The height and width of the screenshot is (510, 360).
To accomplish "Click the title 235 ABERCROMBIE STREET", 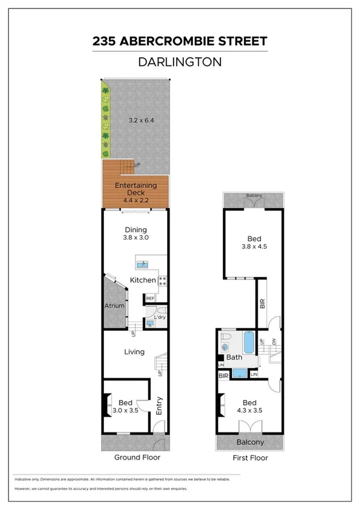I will click(180, 41).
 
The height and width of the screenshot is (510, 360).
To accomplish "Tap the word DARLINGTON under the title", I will click(180, 61).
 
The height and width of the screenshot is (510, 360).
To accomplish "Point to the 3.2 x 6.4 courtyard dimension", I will click(141, 120).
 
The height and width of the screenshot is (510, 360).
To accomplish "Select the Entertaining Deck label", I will click(136, 185).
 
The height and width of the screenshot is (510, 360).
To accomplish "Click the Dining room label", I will click(136, 229).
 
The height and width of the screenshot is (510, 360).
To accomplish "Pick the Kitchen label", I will click(143, 280).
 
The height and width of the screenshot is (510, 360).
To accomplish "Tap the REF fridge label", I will click(150, 298).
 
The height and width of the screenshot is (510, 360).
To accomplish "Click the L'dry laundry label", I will click(160, 317).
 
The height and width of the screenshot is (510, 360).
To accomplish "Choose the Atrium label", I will click(114, 306).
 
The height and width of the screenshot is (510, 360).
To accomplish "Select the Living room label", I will click(135, 352).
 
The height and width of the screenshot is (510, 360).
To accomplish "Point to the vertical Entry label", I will click(159, 406).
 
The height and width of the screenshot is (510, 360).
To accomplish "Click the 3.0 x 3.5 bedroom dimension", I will click(126, 410).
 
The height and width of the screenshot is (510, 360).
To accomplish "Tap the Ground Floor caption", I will click(137, 457).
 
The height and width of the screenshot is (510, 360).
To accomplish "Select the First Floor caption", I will click(250, 457).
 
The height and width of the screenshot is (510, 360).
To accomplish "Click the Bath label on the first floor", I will click(234, 357).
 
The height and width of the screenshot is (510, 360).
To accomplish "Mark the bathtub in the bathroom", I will click(248, 343).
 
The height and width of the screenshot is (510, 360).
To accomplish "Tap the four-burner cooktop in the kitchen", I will click(162, 280).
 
